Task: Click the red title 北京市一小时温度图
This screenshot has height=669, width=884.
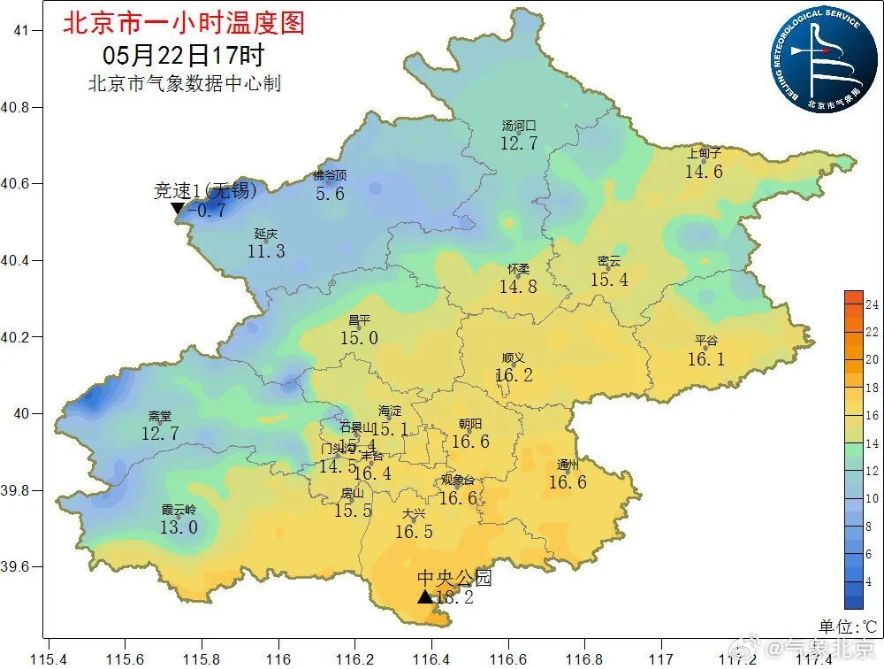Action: click(x=183, y=22)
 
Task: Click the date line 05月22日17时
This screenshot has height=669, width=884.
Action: click(x=183, y=55)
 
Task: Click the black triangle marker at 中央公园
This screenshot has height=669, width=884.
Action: click(x=425, y=597)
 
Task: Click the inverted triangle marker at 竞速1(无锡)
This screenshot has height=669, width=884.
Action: click(x=178, y=209)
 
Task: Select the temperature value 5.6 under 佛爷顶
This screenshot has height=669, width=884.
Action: click(x=330, y=194)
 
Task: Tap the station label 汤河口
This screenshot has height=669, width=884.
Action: click(x=519, y=127)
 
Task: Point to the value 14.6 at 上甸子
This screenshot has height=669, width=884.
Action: click(x=704, y=172)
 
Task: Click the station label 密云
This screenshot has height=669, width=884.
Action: click(x=609, y=262)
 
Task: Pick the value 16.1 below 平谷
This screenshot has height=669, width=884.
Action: click(x=706, y=359)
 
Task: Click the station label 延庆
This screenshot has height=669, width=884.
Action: click(x=266, y=234)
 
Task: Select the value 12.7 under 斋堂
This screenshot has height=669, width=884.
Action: click(x=160, y=434)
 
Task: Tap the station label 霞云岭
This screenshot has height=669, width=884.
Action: click(x=179, y=510)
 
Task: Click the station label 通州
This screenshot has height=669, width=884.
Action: click(x=568, y=465)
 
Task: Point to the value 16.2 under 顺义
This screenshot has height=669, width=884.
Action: click(x=514, y=375)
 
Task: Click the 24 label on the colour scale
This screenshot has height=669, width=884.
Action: click(x=872, y=304)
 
